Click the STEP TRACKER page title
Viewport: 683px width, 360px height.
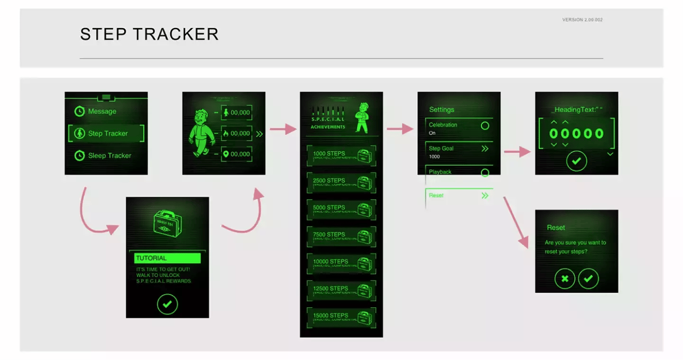(x=149, y=34)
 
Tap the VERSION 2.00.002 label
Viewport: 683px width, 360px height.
(x=582, y=20)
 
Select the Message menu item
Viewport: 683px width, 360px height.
(x=102, y=111)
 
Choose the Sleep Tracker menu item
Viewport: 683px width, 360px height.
(x=109, y=156)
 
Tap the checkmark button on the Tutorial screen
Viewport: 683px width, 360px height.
(x=167, y=304)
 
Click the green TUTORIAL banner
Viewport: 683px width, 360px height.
(x=167, y=258)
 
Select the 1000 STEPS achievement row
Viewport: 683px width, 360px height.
(x=341, y=156)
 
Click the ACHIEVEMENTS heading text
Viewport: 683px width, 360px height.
(x=328, y=127)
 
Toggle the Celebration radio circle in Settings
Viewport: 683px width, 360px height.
(x=485, y=126)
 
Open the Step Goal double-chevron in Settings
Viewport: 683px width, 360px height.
(x=485, y=148)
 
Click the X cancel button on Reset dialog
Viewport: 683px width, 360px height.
(x=565, y=279)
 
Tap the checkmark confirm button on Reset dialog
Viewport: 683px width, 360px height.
(x=588, y=279)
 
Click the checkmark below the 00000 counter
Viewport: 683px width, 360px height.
(x=576, y=161)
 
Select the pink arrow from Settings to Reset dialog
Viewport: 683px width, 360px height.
(x=516, y=222)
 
